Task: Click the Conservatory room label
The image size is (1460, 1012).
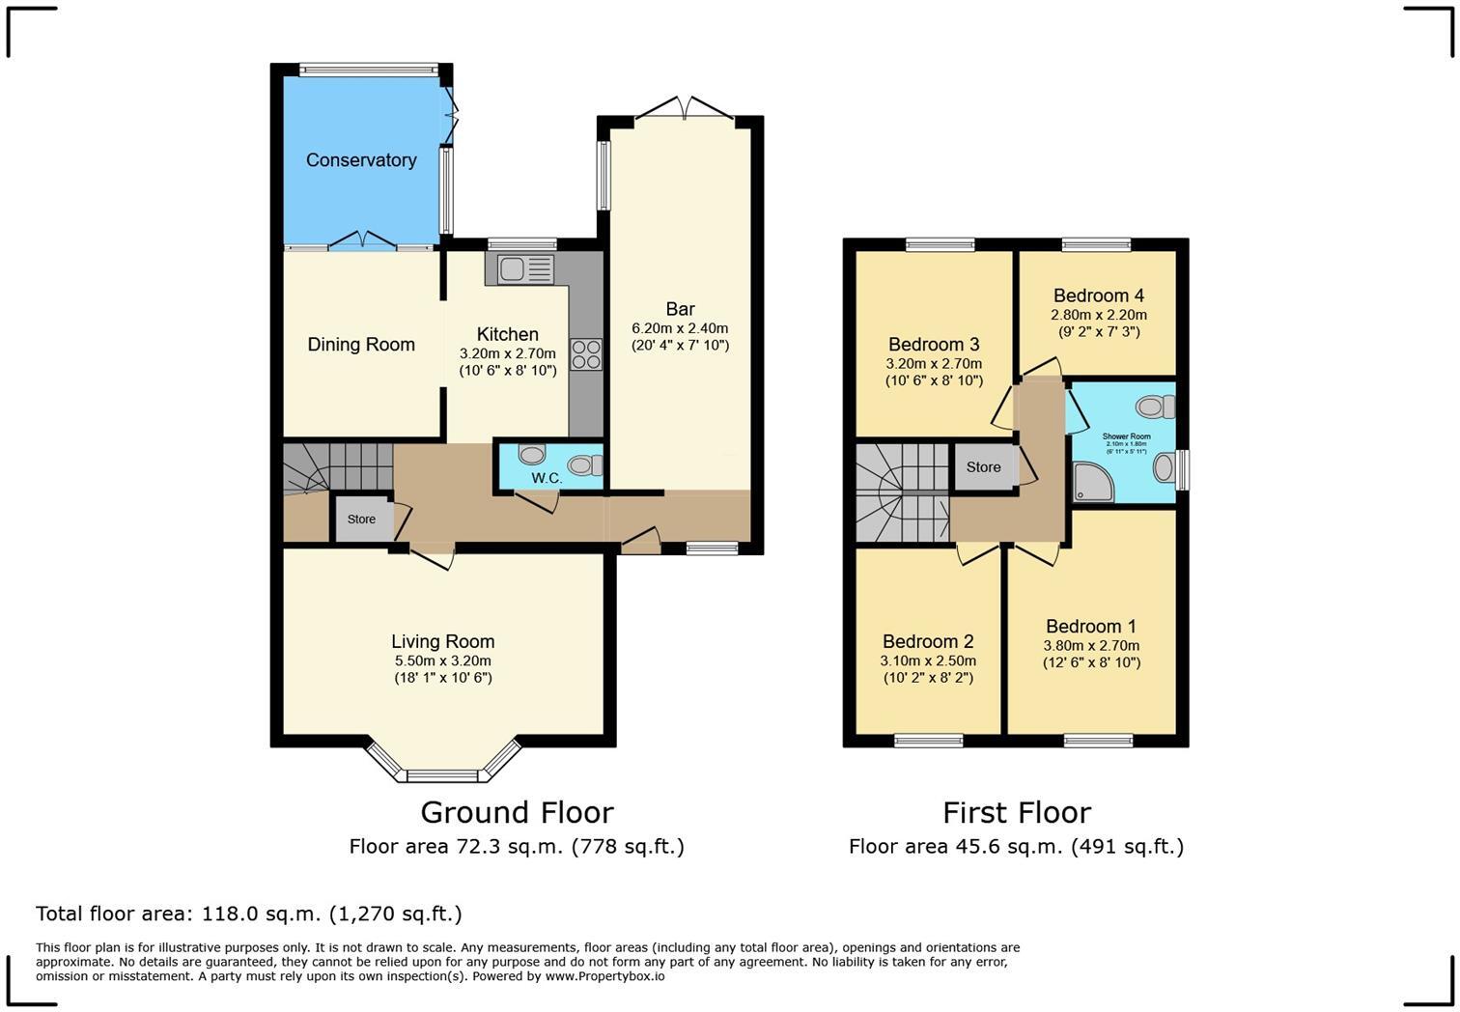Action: click(x=361, y=160)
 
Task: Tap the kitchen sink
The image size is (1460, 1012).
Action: click(x=525, y=268)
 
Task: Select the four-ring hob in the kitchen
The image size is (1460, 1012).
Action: click(x=585, y=354)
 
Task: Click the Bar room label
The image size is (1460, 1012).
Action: click(x=680, y=309)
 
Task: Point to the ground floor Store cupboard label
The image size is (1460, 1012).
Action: click(x=361, y=520)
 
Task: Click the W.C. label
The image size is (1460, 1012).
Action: click(x=547, y=478)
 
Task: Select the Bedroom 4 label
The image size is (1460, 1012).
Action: click(x=1098, y=295)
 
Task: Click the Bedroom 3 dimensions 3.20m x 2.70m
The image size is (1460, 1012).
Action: click(x=933, y=364)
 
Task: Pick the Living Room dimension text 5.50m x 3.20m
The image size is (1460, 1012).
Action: click(x=442, y=661)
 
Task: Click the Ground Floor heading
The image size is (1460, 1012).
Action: click(x=517, y=812)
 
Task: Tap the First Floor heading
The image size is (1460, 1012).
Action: click(x=1016, y=812)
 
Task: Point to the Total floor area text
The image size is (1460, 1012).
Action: click(x=249, y=914)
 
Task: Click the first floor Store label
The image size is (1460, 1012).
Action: click(x=983, y=467)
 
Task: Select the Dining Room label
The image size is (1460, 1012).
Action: click(x=361, y=345)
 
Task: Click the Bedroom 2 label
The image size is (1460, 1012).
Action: click(x=927, y=641)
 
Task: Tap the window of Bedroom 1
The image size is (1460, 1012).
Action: click(x=1098, y=741)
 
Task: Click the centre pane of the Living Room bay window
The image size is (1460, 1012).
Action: click(x=442, y=775)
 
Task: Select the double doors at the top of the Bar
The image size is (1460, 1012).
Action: click(x=685, y=110)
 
